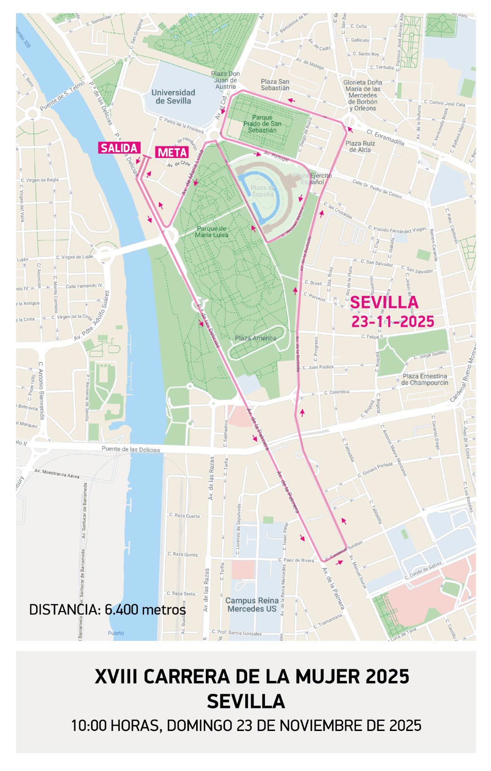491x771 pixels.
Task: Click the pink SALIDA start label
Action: click(x=119, y=148)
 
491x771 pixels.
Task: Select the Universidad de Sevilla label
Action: click(x=173, y=96)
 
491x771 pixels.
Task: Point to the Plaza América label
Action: click(x=255, y=338)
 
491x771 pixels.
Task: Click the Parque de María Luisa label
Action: click(x=212, y=232)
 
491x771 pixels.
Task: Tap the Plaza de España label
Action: click(x=263, y=191)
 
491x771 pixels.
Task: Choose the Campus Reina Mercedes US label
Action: click(x=252, y=604)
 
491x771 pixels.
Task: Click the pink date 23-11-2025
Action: click(x=393, y=321)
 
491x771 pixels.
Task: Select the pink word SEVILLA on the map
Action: click(x=384, y=303)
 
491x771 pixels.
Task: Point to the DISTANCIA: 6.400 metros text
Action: click(x=107, y=610)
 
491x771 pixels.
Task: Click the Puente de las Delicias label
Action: click(x=131, y=449)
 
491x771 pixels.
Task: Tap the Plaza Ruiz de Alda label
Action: click(x=360, y=146)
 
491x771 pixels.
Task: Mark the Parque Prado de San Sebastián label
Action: click(x=262, y=124)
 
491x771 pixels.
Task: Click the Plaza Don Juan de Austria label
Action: click(x=226, y=80)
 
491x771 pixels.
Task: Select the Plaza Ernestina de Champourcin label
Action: click(x=425, y=379)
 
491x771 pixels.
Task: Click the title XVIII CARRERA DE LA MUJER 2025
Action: click(x=252, y=677)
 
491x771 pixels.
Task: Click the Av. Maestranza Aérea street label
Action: click(x=57, y=474)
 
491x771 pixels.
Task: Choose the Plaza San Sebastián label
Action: click(x=275, y=85)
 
